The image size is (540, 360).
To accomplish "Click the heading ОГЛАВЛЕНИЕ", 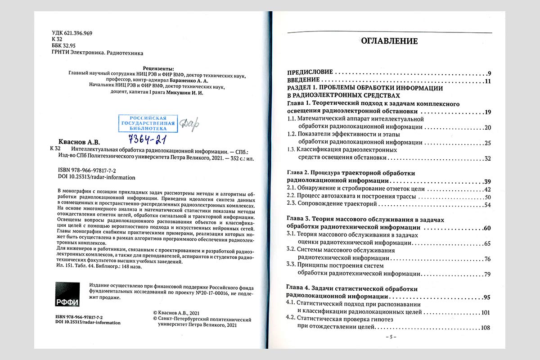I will click(x=389, y=41).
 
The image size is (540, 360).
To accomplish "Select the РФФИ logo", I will click(x=67, y=295).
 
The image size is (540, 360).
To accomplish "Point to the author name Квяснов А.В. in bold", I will click(x=79, y=141).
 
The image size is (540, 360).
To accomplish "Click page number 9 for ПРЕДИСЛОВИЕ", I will click(x=489, y=73).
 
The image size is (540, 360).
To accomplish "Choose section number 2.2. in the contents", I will click(x=292, y=197).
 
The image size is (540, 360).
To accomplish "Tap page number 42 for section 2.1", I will click(x=487, y=189).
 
